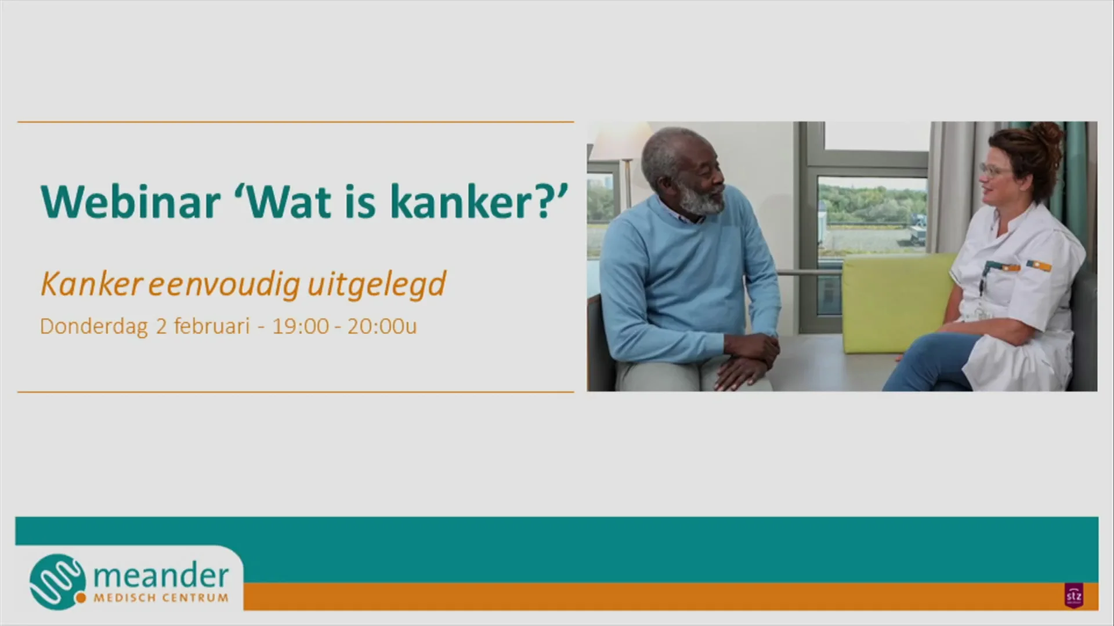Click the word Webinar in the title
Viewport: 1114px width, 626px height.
[x=131, y=202]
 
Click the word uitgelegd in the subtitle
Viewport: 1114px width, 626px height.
[x=376, y=285]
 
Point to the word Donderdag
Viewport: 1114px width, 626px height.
[x=93, y=326]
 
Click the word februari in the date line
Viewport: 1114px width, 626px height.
[x=211, y=326]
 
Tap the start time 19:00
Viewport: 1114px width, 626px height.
[x=300, y=326]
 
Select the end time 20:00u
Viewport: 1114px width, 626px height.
[x=382, y=326]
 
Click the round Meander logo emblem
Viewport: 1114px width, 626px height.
[x=57, y=581]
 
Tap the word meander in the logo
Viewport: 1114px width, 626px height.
[x=161, y=576]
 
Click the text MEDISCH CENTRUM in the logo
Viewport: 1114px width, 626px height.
[x=161, y=598]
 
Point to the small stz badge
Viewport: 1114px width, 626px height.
[x=1073, y=595]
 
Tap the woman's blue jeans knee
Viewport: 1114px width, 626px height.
[x=928, y=354]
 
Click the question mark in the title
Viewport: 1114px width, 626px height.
[x=547, y=202]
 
